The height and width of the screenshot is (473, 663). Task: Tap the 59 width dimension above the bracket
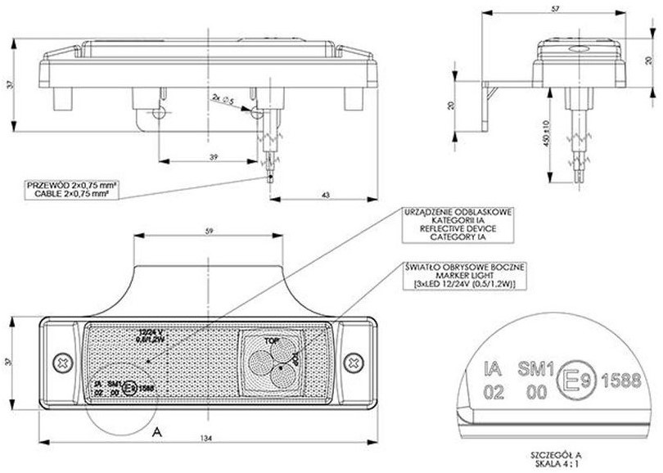coord(209,232)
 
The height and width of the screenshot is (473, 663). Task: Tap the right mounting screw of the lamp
coord(353,360)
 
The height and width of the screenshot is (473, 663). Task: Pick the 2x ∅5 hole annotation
coord(223,99)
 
